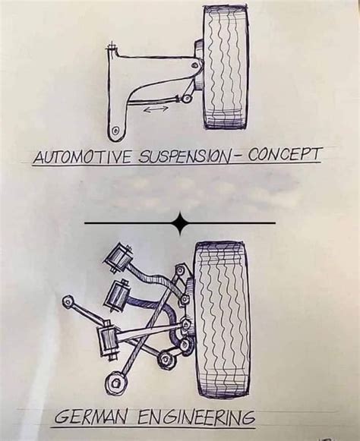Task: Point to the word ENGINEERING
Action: pos(196,417)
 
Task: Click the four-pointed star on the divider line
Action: pos(180,223)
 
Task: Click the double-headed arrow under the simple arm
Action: pos(156,109)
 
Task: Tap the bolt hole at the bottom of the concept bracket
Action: pos(115,131)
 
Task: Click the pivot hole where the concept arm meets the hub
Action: pos(194,65)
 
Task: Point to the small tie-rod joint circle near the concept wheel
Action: pos(186,99)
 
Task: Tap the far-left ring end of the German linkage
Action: pos(68,302)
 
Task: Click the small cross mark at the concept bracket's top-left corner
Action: pos(112,47)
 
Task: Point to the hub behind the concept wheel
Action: pos(199,64)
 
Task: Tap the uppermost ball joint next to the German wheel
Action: pos(179,270)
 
